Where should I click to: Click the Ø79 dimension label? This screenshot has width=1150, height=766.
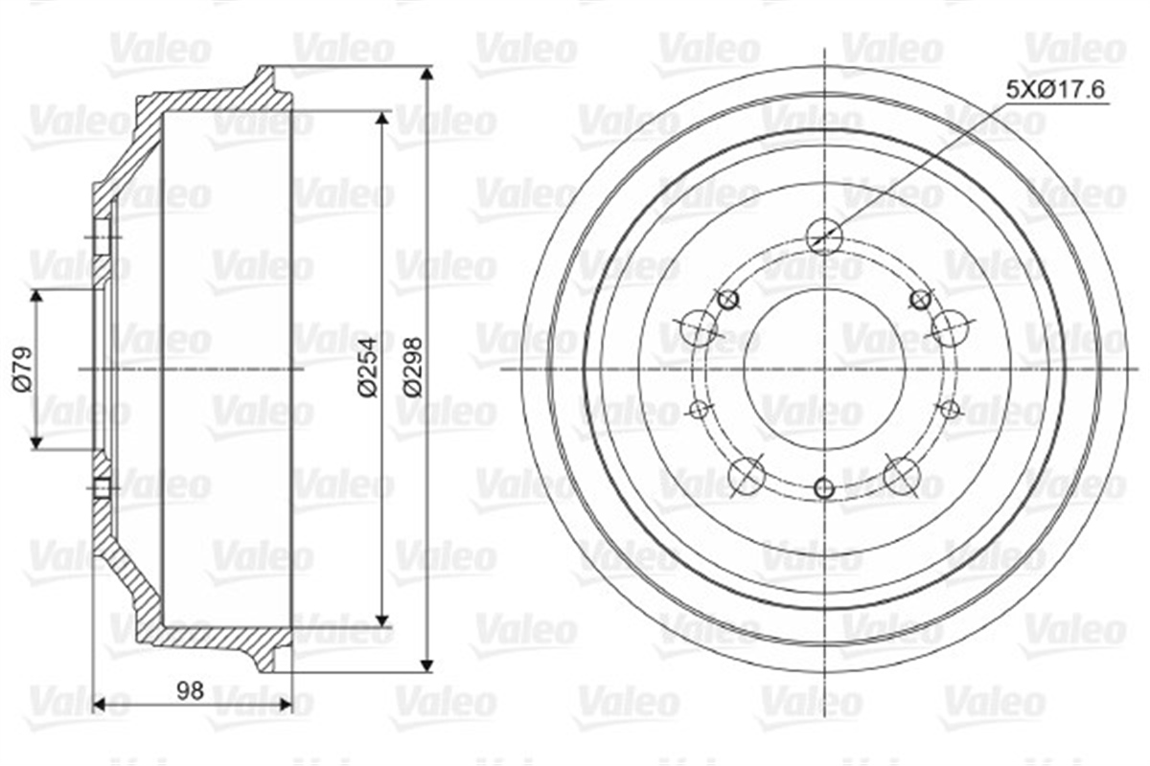coord(23,370)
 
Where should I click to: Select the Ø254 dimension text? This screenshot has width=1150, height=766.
coord(368,368)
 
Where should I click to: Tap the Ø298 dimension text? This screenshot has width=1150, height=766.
coord(412,367)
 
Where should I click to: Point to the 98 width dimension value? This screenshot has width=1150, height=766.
coord(191,691)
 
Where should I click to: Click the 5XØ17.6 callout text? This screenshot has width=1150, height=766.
coord(1055,90)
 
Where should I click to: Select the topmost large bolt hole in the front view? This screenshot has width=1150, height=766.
coord(824,237)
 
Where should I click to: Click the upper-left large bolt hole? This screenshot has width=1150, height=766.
coord(698,327)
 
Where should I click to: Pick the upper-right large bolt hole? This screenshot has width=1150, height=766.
coord(951,327)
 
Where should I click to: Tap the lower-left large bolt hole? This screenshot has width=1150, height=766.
coord(747,476)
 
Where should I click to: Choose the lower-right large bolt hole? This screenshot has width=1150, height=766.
coord(902,476)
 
